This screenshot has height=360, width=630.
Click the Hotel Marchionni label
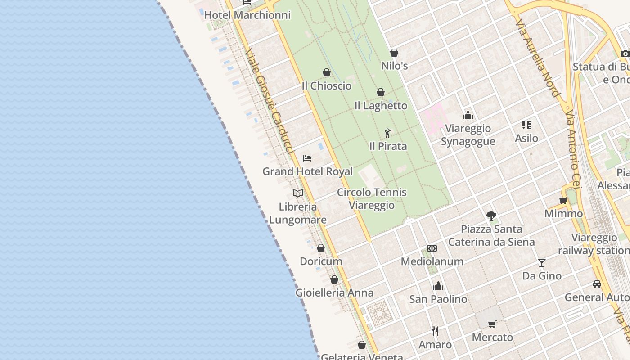[247, 15]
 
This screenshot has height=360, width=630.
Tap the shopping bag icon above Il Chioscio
[327, 72]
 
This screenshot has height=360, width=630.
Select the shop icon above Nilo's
[394, 53]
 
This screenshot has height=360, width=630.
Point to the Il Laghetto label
[381, 106]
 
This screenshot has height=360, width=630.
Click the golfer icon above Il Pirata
[387, 133]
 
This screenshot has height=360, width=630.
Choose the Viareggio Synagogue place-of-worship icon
[468, 115]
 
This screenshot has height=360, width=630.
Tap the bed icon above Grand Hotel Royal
[307, 158]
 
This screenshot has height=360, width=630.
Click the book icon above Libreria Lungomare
[297, 193]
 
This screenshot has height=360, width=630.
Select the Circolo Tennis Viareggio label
[372, 198]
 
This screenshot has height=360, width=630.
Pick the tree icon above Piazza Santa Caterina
[491, 216]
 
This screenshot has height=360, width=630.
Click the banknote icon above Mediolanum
[432, 248]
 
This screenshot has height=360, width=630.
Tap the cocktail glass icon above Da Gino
[542, 262]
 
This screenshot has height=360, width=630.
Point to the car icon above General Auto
[597, 284]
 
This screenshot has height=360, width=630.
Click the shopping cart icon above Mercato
[492, 324]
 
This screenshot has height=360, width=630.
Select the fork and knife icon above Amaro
[435, 331]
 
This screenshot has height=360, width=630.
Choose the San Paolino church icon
[438, 286]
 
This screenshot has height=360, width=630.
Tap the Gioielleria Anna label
[334, 292]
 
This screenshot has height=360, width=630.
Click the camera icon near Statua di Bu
[625, 54]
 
